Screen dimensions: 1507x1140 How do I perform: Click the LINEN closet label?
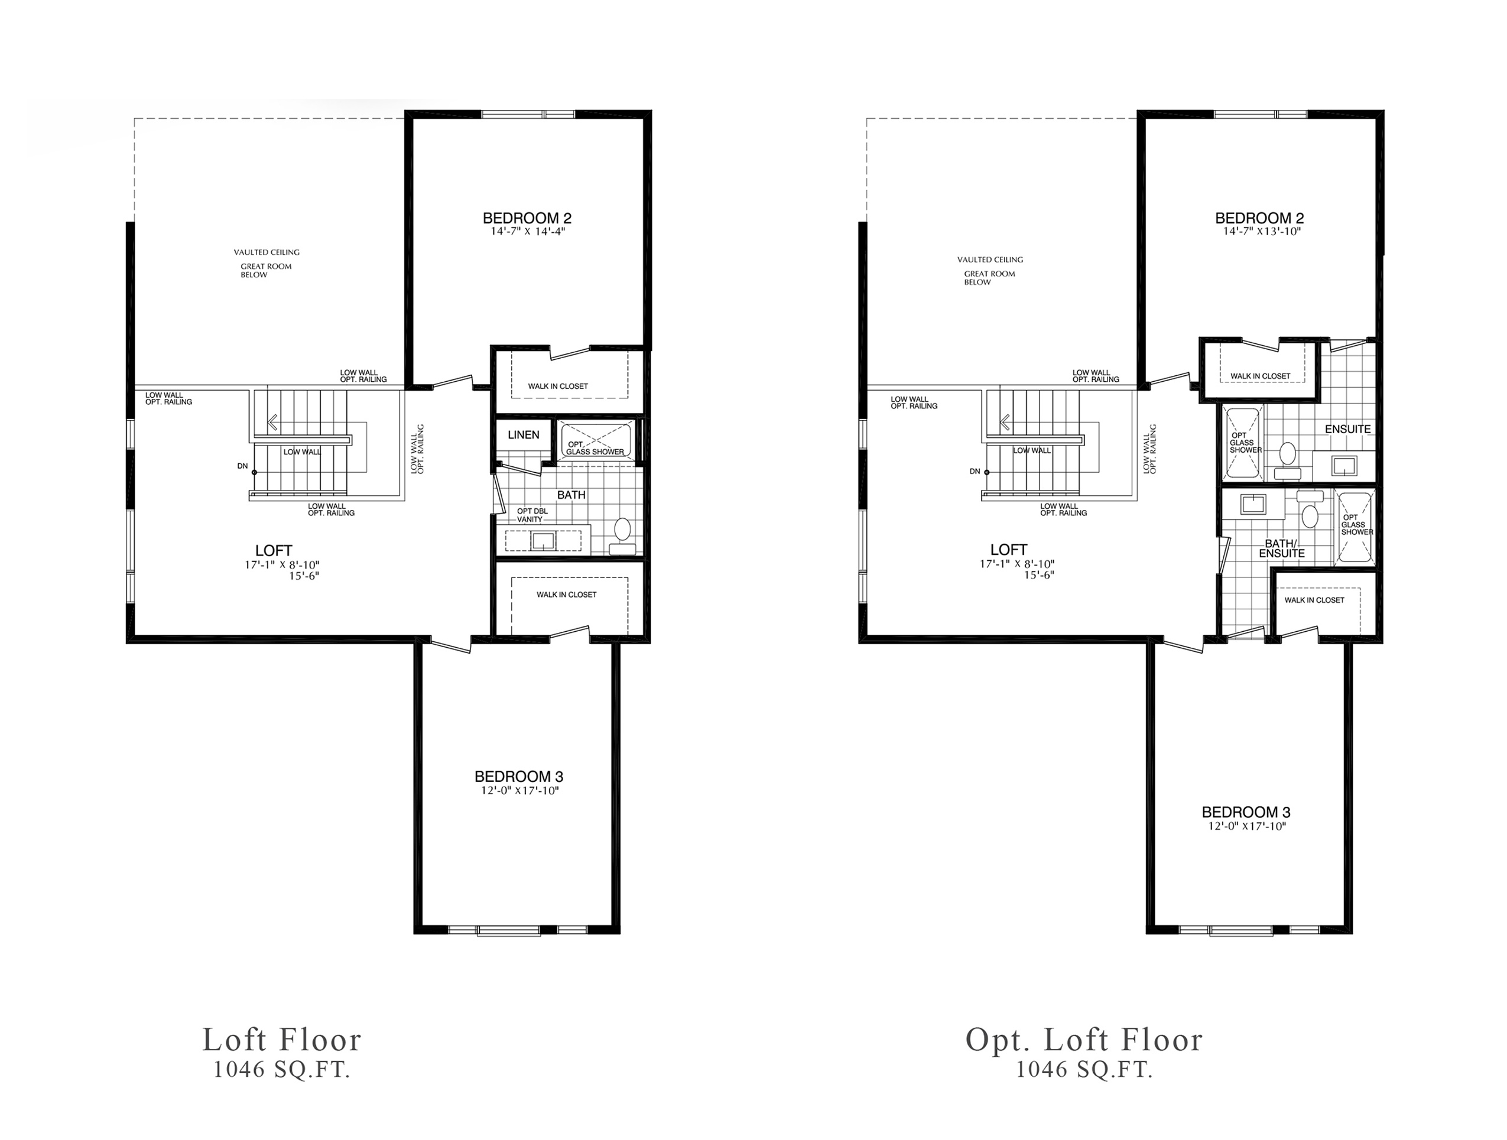click(x=523, y=435)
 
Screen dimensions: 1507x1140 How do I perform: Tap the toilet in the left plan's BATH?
click(x=622, y=536)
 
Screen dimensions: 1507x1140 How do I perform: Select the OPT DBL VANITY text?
click(x=532, y=515)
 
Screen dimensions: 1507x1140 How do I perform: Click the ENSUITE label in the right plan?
click(x=1347, y=429)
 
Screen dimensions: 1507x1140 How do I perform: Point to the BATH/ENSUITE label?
click(x=1281, y=548)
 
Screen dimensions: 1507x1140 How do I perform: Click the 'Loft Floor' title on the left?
click(x=281, y=1040)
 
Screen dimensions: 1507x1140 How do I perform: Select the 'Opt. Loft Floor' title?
click(x=1084, y=1040)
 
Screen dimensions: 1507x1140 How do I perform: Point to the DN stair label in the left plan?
click(x=242, y=466)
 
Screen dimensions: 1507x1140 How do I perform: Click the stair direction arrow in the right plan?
click(x=1005, y=423)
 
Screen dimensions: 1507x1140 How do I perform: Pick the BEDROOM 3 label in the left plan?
click(x=519, y=776)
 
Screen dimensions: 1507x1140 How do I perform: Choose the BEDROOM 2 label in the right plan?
click(x=1260, y=218)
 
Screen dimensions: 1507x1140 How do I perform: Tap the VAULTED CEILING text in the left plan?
click(x=267, y=252)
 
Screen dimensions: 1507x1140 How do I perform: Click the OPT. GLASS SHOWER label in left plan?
click(x=595, y=448)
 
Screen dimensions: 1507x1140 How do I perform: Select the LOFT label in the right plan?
click(x=1008, y=549)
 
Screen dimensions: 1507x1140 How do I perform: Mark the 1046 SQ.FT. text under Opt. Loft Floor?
click(x=1084, y=1070)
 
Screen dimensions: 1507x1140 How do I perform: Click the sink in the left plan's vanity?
click(x=544, y=541)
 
